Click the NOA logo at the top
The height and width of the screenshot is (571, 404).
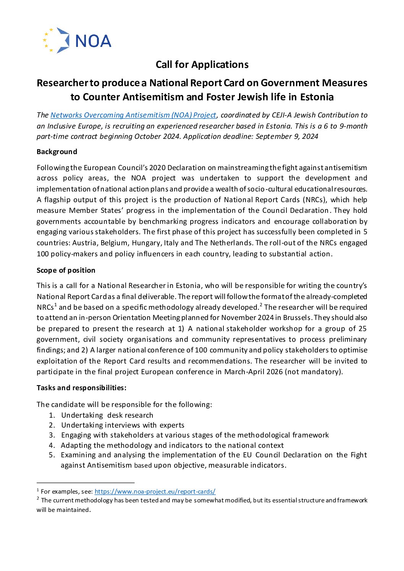click(x=77, y=40)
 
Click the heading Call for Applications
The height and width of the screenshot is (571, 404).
click(x=202, y=64)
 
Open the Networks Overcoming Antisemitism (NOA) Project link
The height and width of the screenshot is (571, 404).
click(x=133, y=115)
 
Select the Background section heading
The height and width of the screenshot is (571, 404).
click(x=57, y=152)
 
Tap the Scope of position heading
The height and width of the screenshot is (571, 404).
click(x=66, y=270)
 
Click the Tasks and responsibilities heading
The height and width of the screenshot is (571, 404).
click(x=81, y=388)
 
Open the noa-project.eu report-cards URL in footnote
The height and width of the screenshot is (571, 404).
click(x=155, y=492)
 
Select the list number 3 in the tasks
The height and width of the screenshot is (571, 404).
click(x=52, y=435)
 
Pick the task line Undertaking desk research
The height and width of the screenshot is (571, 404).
click(x=107, y=415)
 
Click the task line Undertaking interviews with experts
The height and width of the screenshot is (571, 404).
click(x=123, y=425)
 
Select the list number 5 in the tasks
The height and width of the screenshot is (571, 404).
click(x=52, y=455)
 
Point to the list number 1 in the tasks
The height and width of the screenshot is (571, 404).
click(x=52, y=415)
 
